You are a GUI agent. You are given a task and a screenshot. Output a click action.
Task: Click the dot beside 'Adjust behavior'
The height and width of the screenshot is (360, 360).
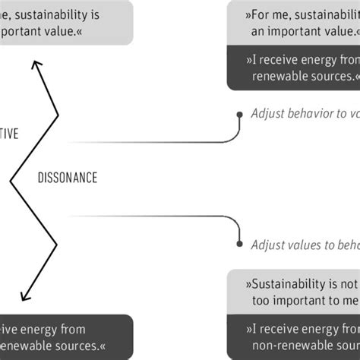(238, 115)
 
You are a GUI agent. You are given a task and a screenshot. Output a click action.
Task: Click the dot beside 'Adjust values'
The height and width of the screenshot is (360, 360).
(238, 244)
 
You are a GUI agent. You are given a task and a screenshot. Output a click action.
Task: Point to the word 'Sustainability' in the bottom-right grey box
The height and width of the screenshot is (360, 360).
(295, 285)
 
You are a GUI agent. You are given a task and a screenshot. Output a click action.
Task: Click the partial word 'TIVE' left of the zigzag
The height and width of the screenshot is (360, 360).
(8, 134)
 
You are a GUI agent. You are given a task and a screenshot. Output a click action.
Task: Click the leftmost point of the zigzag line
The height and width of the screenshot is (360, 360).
(11, 181)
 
